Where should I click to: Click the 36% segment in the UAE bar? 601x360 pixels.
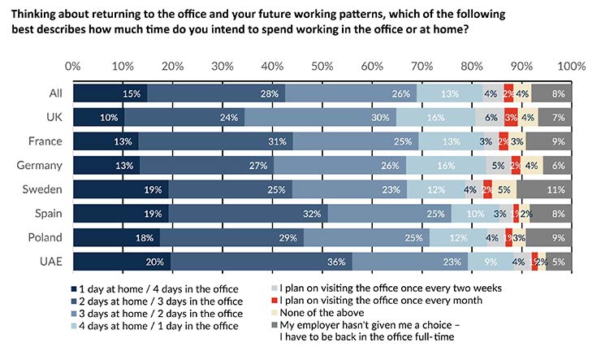[262, 262]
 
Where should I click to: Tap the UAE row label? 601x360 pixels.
[51, 262]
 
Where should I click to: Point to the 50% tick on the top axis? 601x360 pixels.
[322, 66]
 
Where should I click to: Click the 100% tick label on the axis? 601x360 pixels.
[572, 66]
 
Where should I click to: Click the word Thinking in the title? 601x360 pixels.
[36, 15]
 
